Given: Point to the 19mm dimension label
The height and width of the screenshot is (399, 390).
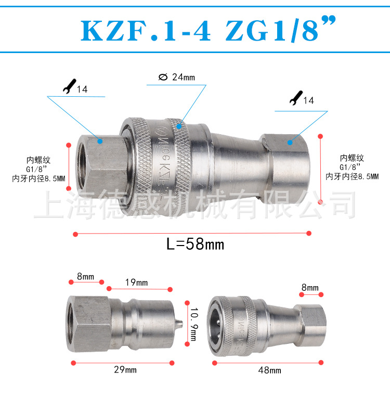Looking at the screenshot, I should coord(136,282).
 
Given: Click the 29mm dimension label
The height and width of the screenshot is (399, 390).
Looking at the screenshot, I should coord(124,370).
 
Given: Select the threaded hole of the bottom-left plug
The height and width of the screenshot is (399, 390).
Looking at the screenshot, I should coord(73,324).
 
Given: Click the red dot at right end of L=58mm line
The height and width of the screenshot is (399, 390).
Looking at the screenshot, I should coord(309,233).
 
